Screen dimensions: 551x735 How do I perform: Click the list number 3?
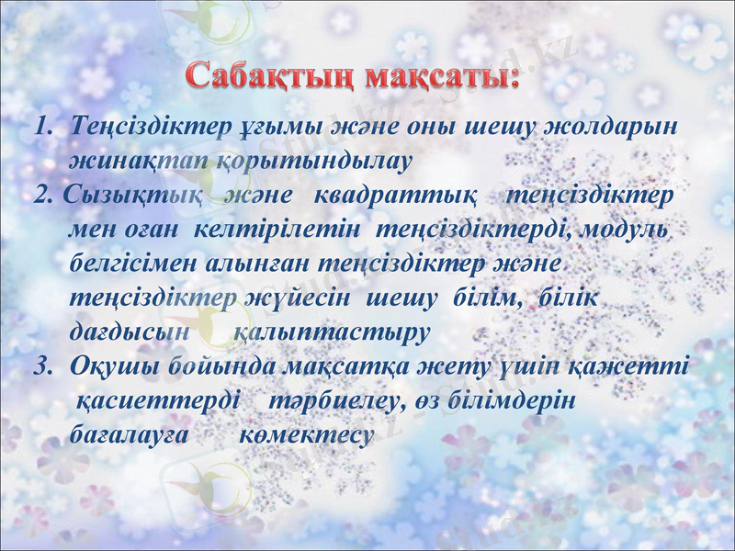click(x=41, y=366)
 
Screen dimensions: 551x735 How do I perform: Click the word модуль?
click(x=625, y=230)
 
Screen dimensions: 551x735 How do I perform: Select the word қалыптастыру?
click(x=333, y=332)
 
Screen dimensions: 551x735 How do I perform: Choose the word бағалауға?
click(x=130, y=434)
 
